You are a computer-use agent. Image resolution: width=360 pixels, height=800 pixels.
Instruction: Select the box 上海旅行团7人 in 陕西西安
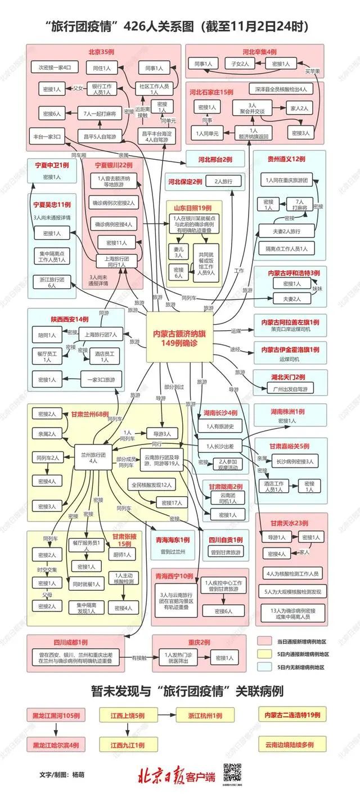click(x=101, y=335)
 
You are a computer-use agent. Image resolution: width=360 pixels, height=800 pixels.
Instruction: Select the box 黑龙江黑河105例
click(x=55, y=716)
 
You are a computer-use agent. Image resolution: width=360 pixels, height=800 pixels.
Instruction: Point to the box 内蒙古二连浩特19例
click(x=292, y=715)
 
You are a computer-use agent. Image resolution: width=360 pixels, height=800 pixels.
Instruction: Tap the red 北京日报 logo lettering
click(x=160, y=776)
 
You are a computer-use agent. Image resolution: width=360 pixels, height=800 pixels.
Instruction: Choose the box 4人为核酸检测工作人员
click(x=291, y=574)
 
